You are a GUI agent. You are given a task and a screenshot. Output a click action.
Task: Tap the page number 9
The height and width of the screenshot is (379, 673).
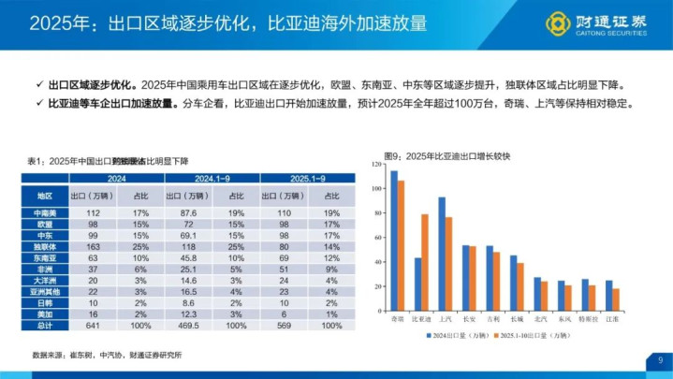pyautogui.click(x=659, y=358)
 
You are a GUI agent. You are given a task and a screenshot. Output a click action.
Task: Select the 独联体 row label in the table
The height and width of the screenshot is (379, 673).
pyautogui.click(x=44, y=246)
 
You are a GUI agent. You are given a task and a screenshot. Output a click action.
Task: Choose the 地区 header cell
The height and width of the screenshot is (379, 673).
pyautogui.click(x=44, y=196)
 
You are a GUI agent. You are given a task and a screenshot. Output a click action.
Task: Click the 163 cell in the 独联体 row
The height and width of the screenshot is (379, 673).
pyautogui.click(x=93, y=246)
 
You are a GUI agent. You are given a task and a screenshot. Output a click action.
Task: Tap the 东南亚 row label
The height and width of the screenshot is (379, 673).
pyautogui.click(x=44, y=257)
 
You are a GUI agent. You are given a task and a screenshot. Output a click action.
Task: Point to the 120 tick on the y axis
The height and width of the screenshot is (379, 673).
pyautogui.click(x=377, y=165)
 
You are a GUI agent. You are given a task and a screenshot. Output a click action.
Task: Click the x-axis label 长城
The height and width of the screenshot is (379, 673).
pyautogui.click(x=515, y=319)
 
